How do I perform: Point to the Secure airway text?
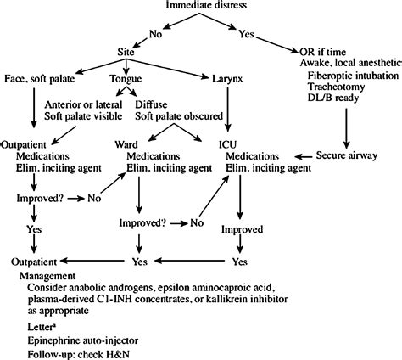(349, 157)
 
